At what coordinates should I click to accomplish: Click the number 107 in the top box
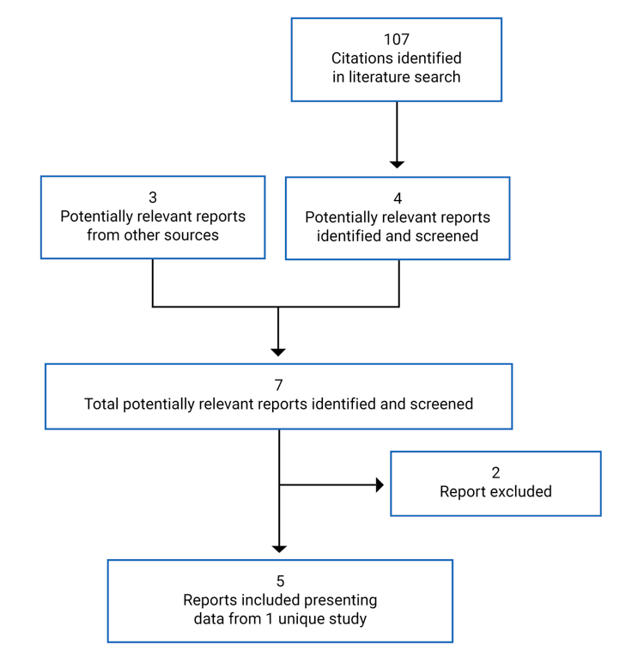396,40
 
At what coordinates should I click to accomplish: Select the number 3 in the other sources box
152,198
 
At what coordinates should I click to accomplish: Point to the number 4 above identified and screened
397,198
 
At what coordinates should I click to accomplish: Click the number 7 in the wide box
278,385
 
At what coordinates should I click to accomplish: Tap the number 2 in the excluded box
495,472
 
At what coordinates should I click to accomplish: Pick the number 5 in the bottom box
280,581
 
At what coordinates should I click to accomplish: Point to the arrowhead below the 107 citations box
397,163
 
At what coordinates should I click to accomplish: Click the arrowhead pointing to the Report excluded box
379,485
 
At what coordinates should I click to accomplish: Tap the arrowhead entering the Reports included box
279,548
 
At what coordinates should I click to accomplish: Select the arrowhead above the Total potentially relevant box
277,351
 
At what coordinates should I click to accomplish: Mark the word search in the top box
439,77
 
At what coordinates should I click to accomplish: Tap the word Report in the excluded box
464,492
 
